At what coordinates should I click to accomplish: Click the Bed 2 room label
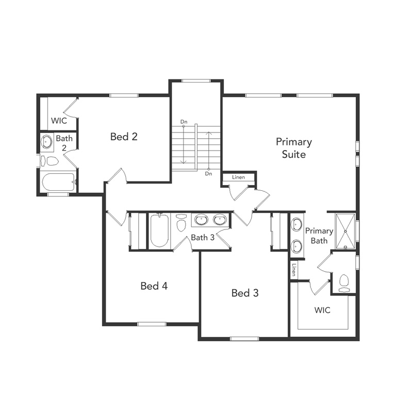click(x=124, y=137)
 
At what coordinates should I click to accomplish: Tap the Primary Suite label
click(x=293, y=148)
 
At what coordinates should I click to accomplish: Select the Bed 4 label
click(x=154, y=286)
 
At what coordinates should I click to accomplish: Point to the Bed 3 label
click(x=245, y=293)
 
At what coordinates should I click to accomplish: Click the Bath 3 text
click(x=203, y=238)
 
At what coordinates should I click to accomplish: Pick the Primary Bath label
click(x=319, y=236)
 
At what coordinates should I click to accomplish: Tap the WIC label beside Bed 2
click(x=58, y=122)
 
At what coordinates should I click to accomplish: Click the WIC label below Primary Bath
click(x=322, y=310)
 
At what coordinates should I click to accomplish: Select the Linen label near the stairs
click(x=238, y=178)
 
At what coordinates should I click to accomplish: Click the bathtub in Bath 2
click(x=58, y=182)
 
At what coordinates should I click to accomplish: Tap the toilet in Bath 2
click(x=52, y=161)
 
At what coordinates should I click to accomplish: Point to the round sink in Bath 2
click(x=47, y=142)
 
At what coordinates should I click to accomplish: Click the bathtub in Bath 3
click(x=159, y=230)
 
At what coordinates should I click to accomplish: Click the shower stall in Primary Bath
click(x=344, y=230)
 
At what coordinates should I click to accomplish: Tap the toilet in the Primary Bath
click(x=344, y=282)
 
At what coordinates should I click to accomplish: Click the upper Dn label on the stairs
click(x=184, y=122)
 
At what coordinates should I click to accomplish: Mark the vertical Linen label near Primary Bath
click(x=293, y=270)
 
